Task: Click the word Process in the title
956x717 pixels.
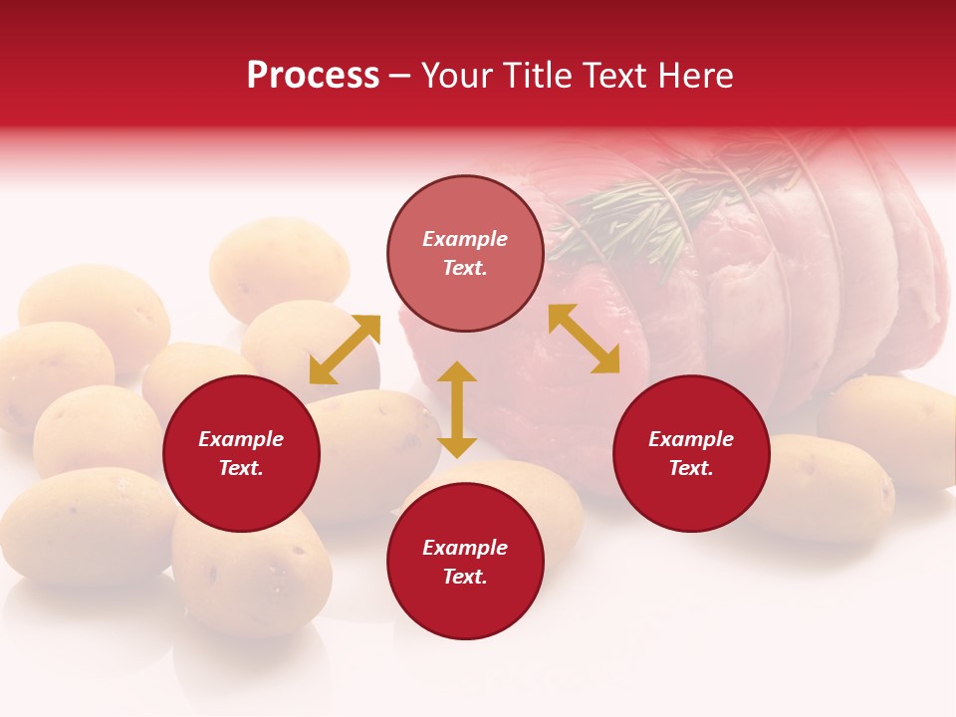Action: click(x=313, y=76)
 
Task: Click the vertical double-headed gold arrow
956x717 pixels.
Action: click(x=457, y=409)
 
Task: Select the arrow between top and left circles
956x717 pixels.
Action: click(x=345, y=350)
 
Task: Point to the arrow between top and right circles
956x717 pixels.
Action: click(x=584, y=339)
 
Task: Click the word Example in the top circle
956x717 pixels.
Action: click(x=465, y=239)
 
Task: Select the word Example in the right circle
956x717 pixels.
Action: click(x=691, y=439)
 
